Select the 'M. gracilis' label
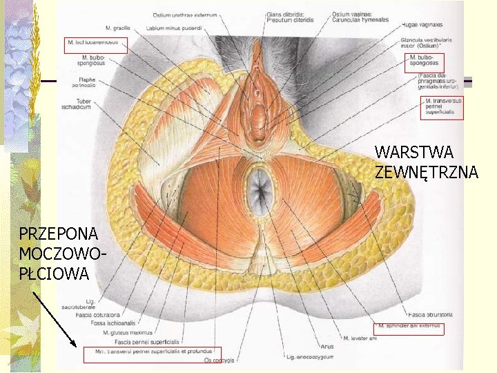[x=119, y=28]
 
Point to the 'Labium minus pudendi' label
[x=174, y=29]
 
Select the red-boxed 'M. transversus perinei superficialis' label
[x=442, y=108]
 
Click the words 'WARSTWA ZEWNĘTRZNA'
[x=426, y=162]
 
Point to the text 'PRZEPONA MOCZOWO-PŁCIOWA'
[x=64, y=253]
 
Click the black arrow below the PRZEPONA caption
[x=54, y=318]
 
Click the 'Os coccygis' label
[x=220, y=360]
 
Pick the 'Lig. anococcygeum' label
[x=310, y=357]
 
